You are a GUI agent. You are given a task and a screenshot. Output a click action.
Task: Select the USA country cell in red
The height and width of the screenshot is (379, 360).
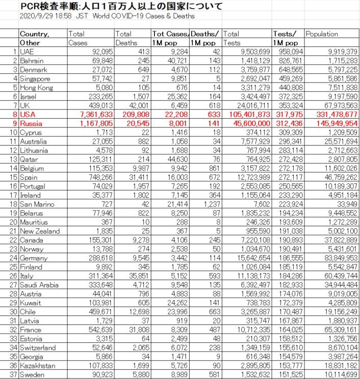[x=28, y=115]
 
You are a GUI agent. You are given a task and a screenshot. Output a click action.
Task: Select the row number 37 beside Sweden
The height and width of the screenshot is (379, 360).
[x=13, y=374]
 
